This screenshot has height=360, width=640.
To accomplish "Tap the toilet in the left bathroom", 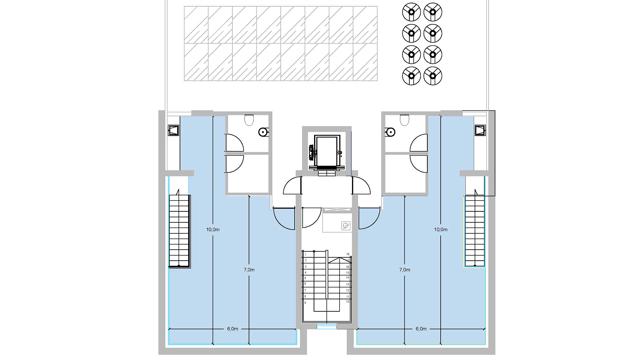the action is pyautogui.click(x=249, y=120).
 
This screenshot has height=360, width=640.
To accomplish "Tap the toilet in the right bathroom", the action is pyautogui.click(x=404, y=120).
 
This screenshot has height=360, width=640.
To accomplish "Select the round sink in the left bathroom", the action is pyautogui.click(x=264, y=132).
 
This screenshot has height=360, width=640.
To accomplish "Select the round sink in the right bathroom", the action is pyautogui.click(x=390, y=132).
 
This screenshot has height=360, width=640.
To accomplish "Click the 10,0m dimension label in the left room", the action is pyautogui.click(x=213, y=229).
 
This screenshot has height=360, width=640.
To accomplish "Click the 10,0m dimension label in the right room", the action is pyautogui.click(x=441, y=229).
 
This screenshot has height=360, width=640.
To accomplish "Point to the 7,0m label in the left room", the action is pyautogui.click(x=249, y=270).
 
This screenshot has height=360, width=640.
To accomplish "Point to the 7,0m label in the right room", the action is pyautogui.click(x=405, y=270).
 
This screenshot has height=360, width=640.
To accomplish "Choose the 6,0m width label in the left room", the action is pyautogui.click(x=233, y=329).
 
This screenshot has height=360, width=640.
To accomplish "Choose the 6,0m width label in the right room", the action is pyautogui.click(x=421, y=329).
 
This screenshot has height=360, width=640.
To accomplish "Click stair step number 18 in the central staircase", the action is pyautogui.click(x=348, y=254).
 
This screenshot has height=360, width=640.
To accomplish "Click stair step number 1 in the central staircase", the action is pyautogui.click(x=305, y=255).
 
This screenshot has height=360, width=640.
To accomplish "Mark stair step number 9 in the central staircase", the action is pyautogui.click(x=305, y=303).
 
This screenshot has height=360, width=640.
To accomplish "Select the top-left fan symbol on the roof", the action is pyautogui.click(x=411, y=12).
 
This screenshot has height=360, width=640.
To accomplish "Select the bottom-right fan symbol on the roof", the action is pyautogui.click(x=433, y=76).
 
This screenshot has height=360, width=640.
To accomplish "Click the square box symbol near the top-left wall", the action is pyautogui.click(x=173, y=130).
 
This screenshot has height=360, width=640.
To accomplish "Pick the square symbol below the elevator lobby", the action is pyautogui.click(x=346, y=226).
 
